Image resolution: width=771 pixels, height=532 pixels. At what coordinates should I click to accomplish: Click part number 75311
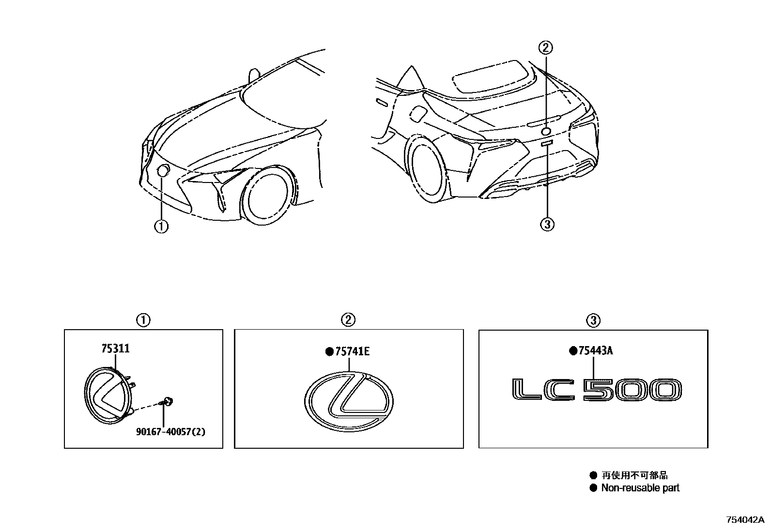[x=115, y=349]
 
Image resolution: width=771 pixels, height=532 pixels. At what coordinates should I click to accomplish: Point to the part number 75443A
[x=595, y=350]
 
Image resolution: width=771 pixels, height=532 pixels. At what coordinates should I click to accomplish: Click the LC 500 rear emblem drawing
[x=597, y=390]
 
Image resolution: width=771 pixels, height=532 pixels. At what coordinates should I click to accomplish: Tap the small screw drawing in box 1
[x=168, y=401]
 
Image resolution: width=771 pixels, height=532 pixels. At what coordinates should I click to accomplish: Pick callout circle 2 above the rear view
[x=546, y=47]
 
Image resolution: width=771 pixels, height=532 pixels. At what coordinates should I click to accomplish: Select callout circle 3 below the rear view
[x=547, y=224]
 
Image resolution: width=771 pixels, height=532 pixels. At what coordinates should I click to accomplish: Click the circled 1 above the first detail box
[x=143, y=319]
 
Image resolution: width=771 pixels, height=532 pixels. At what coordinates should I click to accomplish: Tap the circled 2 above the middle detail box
[x=348, y=319]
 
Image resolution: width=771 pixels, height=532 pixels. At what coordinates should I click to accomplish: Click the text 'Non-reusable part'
[x=640, y=488]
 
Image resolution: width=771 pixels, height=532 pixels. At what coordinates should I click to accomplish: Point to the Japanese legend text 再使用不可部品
[x=634, y=475]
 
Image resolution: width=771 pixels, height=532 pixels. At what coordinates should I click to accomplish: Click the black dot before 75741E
[x=329, y=352]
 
